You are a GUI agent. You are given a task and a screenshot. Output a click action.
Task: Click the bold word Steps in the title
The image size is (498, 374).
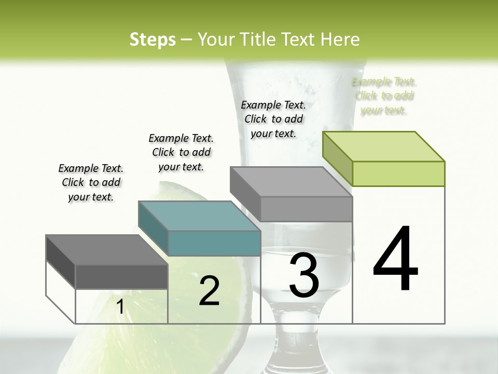[x=153, y=39]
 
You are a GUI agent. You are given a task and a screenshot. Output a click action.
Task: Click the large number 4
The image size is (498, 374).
[x=395, y=260]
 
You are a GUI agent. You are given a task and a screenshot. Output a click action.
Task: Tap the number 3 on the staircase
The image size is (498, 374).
[x=304, y=275]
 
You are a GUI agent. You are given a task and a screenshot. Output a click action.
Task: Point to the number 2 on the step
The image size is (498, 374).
[x=209, y=291]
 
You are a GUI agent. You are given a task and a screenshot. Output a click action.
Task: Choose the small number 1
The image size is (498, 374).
[x=120, y=307]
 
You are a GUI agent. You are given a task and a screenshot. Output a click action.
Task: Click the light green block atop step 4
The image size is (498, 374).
[x=384, y=158]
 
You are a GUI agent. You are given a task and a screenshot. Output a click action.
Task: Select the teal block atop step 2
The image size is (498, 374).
[x=200, y=229]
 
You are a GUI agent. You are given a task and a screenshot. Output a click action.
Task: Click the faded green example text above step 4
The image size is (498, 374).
[x=384, y=96]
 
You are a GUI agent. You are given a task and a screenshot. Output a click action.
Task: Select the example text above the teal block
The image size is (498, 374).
[x=181, y=152]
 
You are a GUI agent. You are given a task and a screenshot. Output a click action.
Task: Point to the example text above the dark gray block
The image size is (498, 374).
[x=91, y=182]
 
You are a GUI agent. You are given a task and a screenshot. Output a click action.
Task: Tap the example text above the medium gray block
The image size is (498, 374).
[x=273, y=119]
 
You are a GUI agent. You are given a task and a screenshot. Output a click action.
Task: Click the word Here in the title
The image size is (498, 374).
[x=340, y=39]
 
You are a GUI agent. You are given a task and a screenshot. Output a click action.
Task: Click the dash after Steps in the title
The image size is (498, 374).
[x=186, y=40]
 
